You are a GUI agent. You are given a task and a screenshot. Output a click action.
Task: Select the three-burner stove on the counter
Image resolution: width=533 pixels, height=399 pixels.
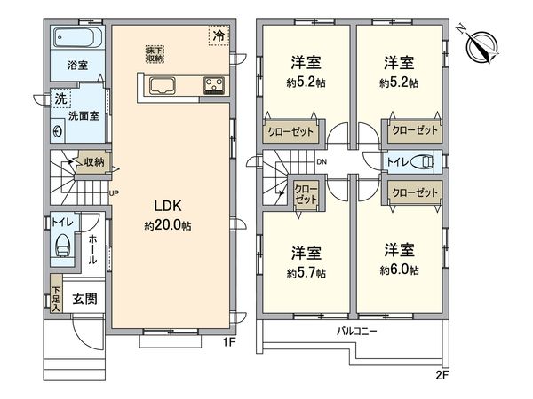[x=214, y=85]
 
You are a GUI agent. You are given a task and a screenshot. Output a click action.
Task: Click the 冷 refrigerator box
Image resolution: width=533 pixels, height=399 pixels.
[x=218, y=36]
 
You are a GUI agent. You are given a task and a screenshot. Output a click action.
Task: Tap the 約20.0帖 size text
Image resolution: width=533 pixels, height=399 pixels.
[x=169, y=226]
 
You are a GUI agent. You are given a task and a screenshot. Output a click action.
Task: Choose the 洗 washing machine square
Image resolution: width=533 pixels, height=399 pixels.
[x=60, y=98]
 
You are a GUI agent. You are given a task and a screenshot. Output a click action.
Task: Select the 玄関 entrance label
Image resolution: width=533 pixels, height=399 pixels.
[x=84, y=300]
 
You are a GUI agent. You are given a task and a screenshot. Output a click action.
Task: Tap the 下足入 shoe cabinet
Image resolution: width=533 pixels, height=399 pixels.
[x=55, y=300]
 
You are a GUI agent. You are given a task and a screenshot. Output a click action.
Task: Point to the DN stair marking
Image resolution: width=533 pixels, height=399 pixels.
[x=322, y=161]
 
